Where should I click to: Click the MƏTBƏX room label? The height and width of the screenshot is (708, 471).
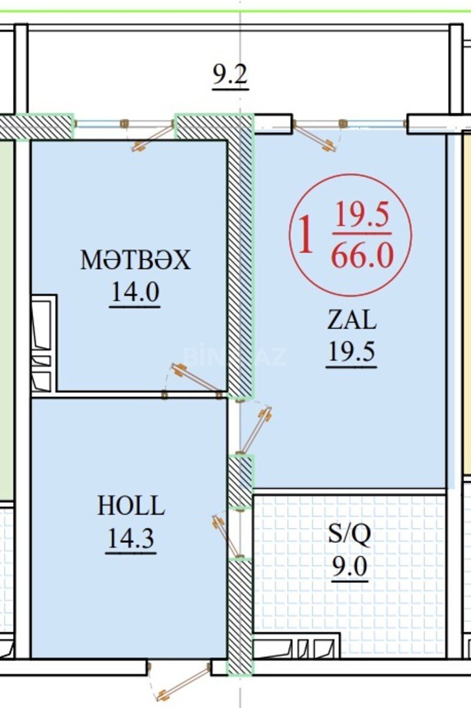click(x=136, y=260)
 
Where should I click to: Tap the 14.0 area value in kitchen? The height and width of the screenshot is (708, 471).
click(x=135, y=292)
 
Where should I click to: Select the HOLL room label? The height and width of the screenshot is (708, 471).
click(x=131, y=506)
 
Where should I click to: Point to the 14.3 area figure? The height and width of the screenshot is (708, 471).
click(x=131, y=538)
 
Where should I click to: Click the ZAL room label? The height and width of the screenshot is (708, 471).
click(x=351, y=320)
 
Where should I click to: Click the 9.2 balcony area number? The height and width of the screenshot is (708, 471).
click(x=230, y=76)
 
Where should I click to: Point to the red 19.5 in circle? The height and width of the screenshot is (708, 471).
click(x=362, y=215)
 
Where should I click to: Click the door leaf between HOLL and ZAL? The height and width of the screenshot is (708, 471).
click(x=255, y=431)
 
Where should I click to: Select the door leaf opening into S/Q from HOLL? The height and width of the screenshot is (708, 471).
click(x=226, y=536)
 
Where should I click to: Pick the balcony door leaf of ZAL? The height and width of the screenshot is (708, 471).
click(x=315, y=136)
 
